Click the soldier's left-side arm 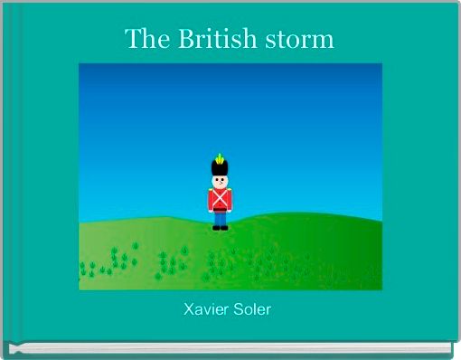210,200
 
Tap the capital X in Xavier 189,310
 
